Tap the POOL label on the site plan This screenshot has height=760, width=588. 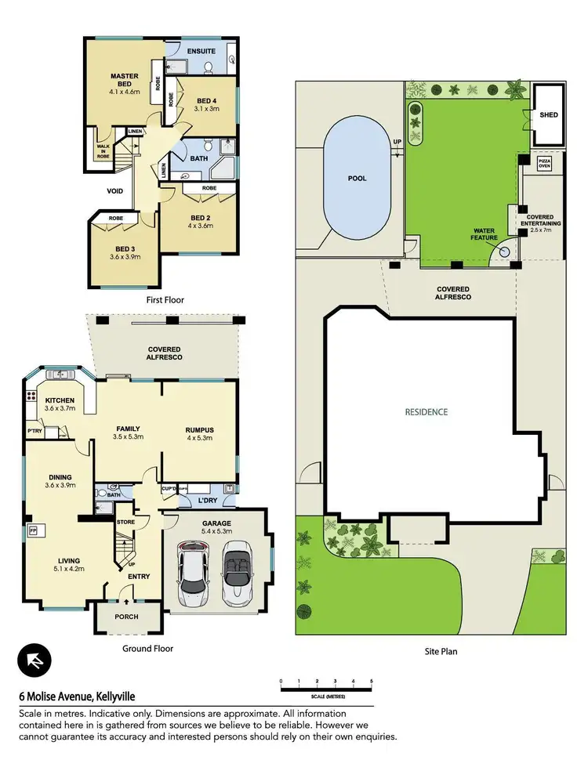coord(358,178)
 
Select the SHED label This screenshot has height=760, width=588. coord(549,115)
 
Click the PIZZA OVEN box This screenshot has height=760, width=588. coord(544,164)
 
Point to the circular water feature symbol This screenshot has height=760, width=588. coord(505,252)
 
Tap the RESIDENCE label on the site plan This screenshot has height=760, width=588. coord(426,411)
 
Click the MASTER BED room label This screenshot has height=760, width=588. coord(123,81)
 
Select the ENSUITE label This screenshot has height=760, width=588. coord(201,52)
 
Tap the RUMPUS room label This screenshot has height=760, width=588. coord(199,430)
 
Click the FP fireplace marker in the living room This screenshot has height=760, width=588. coord(33,530)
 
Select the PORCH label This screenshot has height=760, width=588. coord(126,617)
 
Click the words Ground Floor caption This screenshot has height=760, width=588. coord(147,649)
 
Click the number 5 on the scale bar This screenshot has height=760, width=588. coord(371,682)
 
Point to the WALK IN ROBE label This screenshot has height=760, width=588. coord(103,150)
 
